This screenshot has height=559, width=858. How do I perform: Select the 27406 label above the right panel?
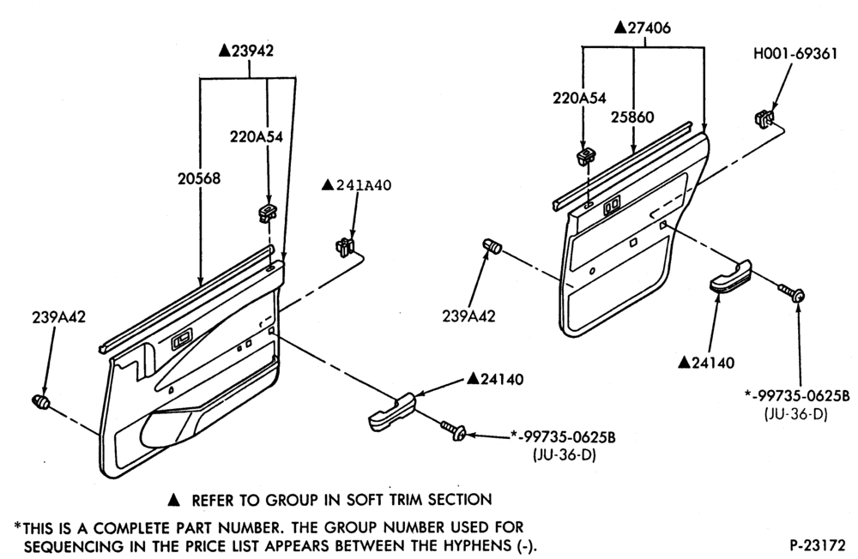[643, 27]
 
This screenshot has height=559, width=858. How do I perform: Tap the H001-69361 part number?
[795, 54]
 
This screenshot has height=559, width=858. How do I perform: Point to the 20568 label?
[199, 178]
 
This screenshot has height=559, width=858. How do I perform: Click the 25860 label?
[632, 117]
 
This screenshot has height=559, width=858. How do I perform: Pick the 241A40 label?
[356, 185]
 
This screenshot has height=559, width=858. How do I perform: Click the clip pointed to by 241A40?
[345, 245]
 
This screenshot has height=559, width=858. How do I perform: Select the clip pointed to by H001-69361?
[765, 117]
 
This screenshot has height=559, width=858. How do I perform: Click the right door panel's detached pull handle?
[731, 277]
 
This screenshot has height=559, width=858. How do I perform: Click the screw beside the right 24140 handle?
[792, 292]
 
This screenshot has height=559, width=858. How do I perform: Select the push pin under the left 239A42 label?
[40, 401]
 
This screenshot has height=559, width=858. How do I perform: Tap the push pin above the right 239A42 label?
[492, 246]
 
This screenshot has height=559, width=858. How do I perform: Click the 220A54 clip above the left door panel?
[268, 213]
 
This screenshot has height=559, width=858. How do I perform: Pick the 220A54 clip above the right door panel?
[587, 156]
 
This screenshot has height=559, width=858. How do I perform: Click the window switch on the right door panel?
[612, 207]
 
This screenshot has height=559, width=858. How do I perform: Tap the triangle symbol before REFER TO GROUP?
[173, 499]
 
